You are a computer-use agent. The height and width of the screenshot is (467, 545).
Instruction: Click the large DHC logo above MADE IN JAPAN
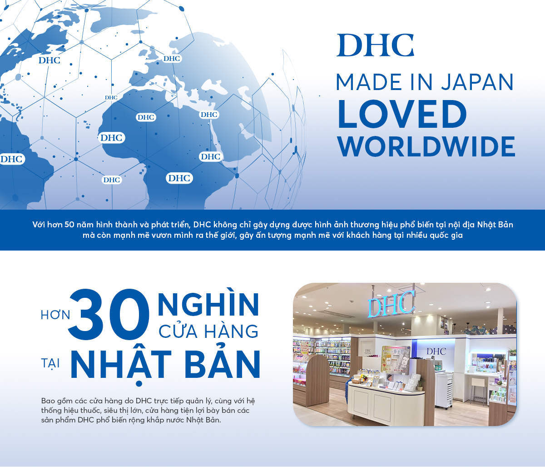[x=375, y=45]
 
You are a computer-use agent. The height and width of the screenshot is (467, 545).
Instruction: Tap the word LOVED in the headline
[x=401, y=114]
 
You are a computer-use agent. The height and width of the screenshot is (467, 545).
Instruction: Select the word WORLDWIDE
[x=426, y=146]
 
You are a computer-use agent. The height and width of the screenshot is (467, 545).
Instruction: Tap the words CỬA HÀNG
[x=208, y=331]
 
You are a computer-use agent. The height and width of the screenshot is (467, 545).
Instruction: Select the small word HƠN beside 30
[x=55, y=315]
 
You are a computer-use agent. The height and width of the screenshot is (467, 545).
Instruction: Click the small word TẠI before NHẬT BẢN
[x=50, y=364]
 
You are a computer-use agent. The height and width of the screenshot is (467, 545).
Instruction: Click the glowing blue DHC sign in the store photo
[x=391, y=302]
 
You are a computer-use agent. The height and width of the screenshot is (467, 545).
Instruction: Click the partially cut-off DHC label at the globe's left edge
[x=11, y=159]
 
